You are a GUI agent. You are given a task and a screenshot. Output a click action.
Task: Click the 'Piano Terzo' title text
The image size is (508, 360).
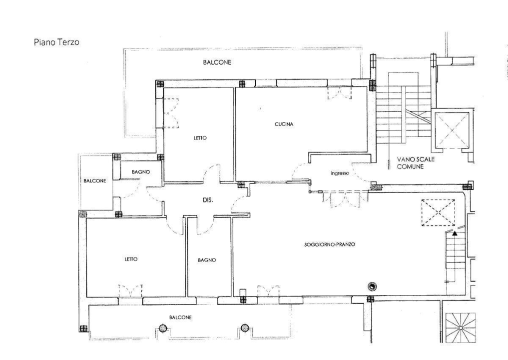tap(55, 42)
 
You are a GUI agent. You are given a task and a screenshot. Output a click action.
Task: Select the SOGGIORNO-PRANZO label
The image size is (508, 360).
tap(329, 245)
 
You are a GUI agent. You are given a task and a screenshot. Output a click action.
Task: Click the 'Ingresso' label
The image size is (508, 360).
tap(339, 173)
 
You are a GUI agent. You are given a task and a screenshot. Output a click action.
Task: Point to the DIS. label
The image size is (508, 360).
tap(208, 200)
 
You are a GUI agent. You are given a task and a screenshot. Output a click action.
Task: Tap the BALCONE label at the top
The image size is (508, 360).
tap(216, 62)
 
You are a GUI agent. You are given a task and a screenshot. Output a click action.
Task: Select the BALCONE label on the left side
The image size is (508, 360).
tap(95, 181)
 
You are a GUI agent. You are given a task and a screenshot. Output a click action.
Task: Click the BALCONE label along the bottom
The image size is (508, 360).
tap(180, 317)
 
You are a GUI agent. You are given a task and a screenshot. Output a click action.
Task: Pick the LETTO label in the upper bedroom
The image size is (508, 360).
tap(200, 138)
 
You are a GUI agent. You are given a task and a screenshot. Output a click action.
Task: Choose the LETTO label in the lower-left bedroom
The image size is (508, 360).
tap(131, 259)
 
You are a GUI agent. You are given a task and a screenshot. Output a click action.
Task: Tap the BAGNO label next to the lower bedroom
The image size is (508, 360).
tap(206, 260)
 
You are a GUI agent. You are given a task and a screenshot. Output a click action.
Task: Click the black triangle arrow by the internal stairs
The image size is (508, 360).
tap(455, 232)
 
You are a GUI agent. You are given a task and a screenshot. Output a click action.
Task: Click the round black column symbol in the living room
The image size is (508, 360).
tap(372, 286)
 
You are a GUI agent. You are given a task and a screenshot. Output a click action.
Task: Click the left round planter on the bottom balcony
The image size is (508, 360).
tap(162, 328)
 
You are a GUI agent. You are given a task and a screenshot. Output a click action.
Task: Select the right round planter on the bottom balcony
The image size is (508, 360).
tap(245, 328)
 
